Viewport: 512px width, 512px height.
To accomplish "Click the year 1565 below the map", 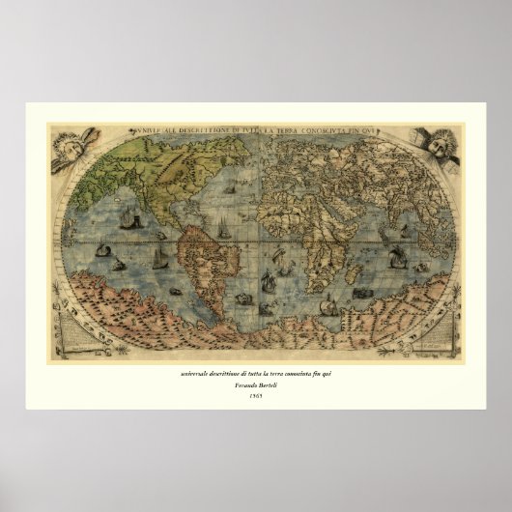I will (x=255, y=396).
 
